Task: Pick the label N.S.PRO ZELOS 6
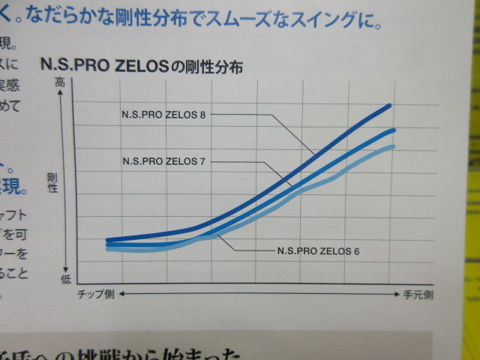pyautogui.click(x=318, y=250)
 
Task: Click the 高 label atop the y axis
pyautogui.click(x=61, y=84)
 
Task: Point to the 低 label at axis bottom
pyautogui.click(x=65, y=278)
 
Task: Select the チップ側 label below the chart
pyautogui.click(x=96, y=295)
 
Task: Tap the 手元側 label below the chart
pyautogui.click(x=418, y=295)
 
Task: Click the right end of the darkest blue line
pyautogui.click(x=391, y=105)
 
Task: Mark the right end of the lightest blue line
pyautogui.click(x=393, y=146)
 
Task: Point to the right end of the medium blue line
pyautogui.click(x=393, y=130)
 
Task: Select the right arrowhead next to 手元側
pyautogui.click(x=397, y=295)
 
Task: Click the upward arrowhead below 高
pyautogui.click(x=67, y=94)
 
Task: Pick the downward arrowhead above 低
pyautogui.click(x=67, y=268)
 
